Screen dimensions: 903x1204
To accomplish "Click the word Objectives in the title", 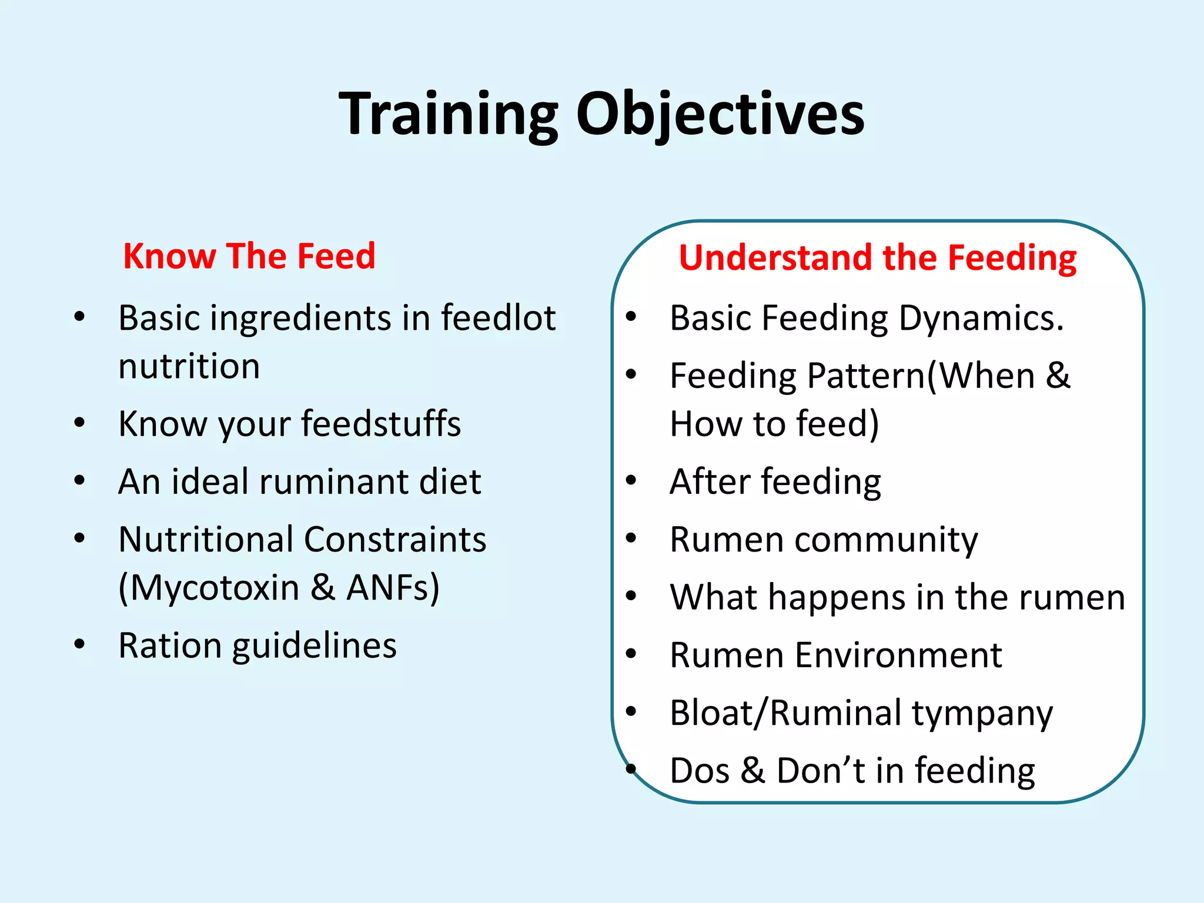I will tap(720, 115).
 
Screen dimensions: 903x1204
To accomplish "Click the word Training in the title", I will tap(448, 115).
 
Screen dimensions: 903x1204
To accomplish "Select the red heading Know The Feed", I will tap(249, 256).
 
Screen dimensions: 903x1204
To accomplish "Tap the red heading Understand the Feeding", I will tap(877, 258).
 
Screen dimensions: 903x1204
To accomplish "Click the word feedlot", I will tap(498, 318).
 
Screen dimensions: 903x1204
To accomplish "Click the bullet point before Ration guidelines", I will tap(80, 644).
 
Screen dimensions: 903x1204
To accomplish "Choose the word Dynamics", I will tap(981, 318).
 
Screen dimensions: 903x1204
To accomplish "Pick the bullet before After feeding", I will tap(631, 480).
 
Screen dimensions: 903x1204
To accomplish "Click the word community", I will tap(886, 539).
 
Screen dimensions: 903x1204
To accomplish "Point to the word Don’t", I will tap(821, 771).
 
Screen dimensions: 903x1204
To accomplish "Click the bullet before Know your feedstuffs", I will tap(80, 423).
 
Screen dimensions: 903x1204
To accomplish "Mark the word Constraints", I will tap(395, 539).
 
